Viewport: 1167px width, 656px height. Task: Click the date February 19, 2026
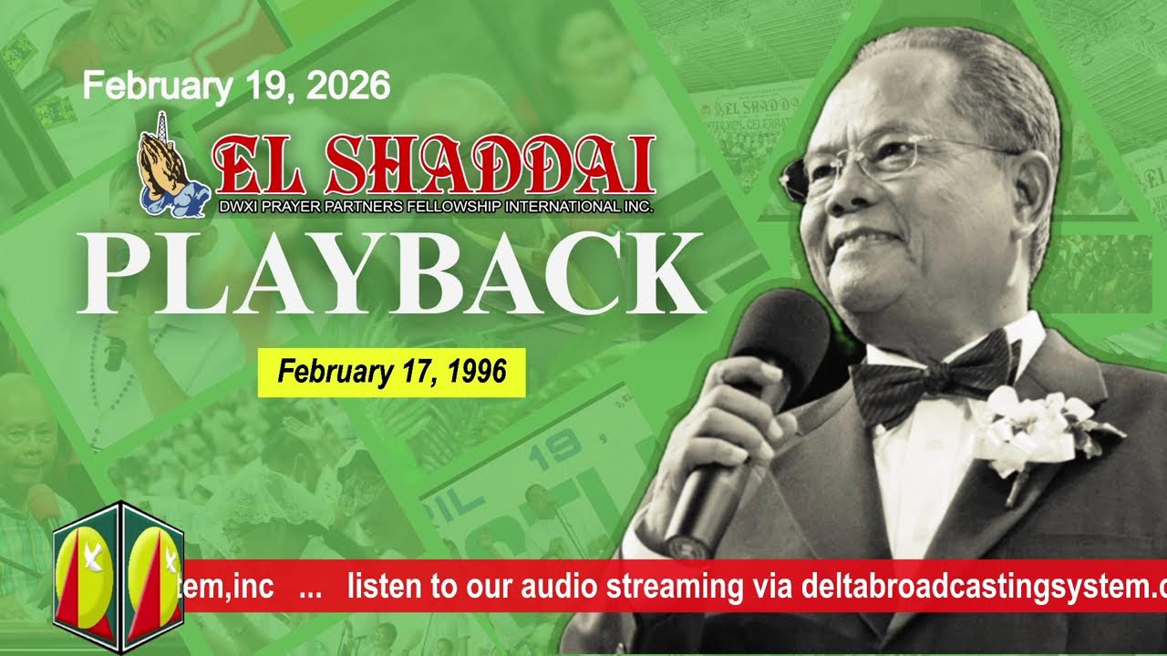click(x=236, y=87)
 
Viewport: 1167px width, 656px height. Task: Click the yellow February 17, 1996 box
click(x=391, y=372)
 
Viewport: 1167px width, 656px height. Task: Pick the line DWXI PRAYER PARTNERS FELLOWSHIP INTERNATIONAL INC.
click(x=436, y=207)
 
